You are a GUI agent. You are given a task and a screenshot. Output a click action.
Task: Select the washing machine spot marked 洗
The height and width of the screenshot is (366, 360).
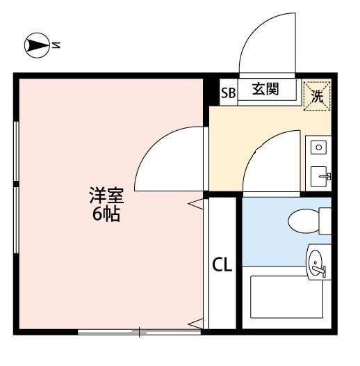pyautogui.click(x=318, y=95)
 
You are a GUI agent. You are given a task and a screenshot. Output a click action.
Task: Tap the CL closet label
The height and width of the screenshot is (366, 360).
pyautogui.click(x=222, y=264)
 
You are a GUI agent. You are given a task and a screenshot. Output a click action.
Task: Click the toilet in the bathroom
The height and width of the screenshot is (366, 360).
pyautogui.click(x=306, y=221)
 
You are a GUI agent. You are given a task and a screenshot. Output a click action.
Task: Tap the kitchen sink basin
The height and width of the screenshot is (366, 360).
pyautogui.click(x=319, y=175)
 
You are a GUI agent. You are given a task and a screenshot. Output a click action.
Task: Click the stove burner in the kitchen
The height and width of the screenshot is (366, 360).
pyautogui.click(x=318, y=147)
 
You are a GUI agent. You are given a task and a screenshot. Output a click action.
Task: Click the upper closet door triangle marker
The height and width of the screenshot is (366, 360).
pyautogui.click(x=197, y=203)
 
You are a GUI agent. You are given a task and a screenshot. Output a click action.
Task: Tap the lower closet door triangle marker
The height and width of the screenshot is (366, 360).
pyautogui.click(x=197, y=323)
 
